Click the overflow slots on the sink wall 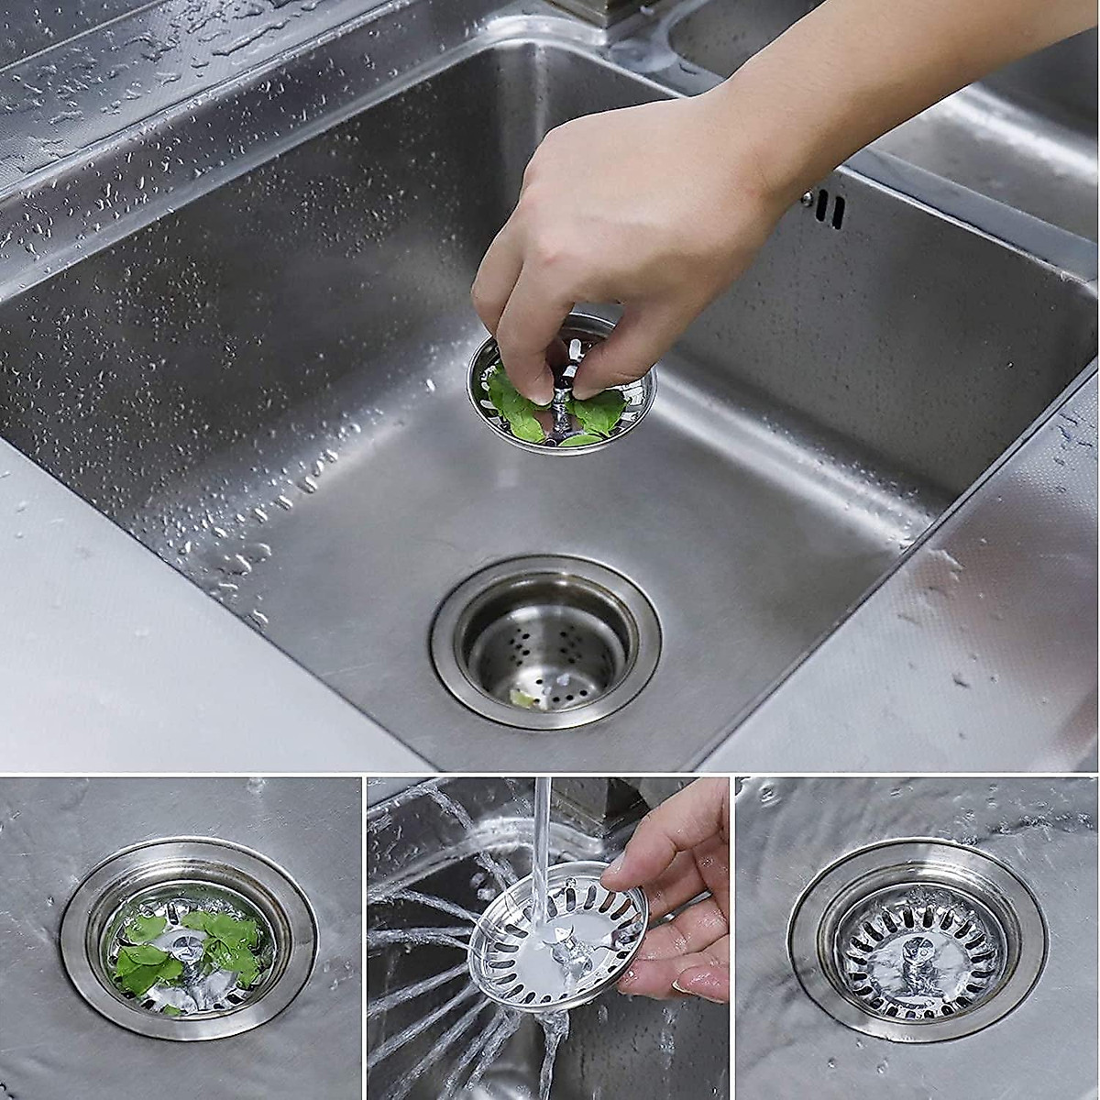coord(829,210)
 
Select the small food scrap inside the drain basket coord(523,698)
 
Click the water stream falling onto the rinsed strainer coord(543,843)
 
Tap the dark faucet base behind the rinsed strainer coord(587,807)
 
